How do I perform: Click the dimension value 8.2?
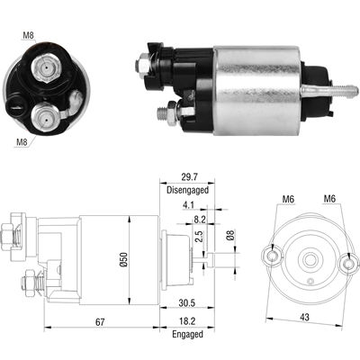point(200,219)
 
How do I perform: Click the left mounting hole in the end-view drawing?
point(269,255)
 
